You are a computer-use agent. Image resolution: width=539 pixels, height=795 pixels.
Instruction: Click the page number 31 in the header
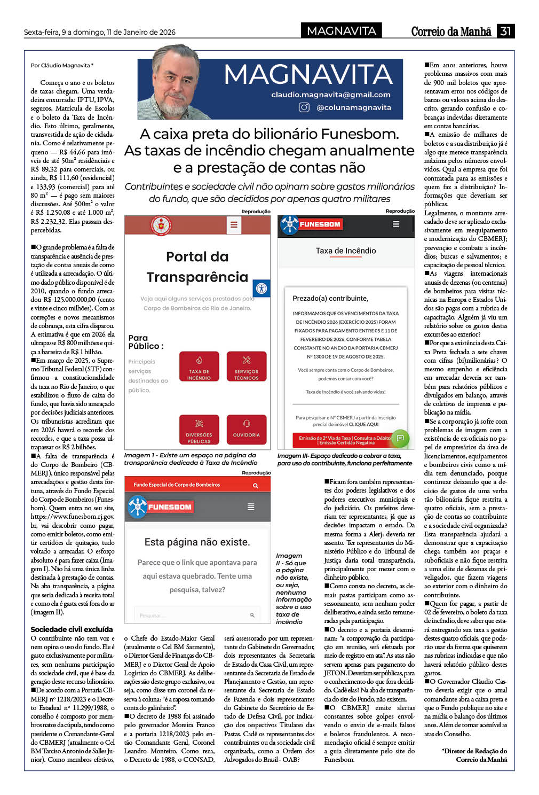505,31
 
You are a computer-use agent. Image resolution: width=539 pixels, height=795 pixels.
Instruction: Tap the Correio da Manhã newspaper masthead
451,32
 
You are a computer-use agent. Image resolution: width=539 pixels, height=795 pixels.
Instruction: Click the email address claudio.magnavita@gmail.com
331,95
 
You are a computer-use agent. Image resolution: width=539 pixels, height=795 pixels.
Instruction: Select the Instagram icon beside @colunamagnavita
304,107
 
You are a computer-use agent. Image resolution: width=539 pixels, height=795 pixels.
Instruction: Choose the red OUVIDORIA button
246,429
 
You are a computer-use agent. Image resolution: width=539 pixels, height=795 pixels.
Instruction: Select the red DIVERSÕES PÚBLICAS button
199,430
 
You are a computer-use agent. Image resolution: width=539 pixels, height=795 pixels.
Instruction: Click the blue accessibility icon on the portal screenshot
261,288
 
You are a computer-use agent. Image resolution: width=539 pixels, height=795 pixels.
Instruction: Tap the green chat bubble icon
400,438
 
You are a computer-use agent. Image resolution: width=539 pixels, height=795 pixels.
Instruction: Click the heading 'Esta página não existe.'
197,542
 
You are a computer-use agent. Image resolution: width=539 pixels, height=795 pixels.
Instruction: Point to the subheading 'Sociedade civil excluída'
72,629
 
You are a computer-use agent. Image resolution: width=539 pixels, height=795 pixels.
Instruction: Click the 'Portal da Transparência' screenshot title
197,267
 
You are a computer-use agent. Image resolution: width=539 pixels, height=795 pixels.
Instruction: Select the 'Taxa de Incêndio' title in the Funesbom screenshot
346,251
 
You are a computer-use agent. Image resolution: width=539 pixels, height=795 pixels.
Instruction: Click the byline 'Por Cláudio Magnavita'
62,65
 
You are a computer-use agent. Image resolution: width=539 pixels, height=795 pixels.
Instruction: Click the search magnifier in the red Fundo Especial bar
256,485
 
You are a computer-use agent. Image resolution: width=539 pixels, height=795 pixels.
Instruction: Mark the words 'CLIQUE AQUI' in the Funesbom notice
363,424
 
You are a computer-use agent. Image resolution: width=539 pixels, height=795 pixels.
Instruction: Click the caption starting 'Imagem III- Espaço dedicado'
345,459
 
